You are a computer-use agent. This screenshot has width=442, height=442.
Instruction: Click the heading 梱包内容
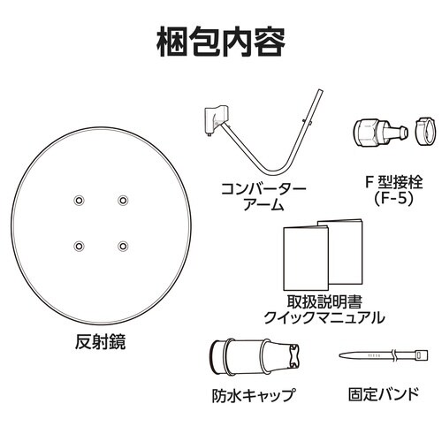[x=221, y=39]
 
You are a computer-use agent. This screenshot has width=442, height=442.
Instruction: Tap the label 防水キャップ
[x=254, y=396]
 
